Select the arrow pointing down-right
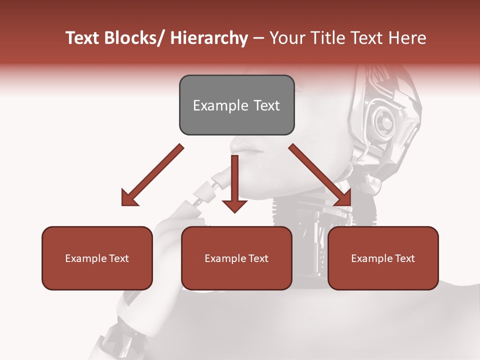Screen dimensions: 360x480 coord(320,175)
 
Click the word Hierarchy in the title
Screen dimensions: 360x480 coord(209,38)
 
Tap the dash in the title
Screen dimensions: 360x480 coord(258,38)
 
